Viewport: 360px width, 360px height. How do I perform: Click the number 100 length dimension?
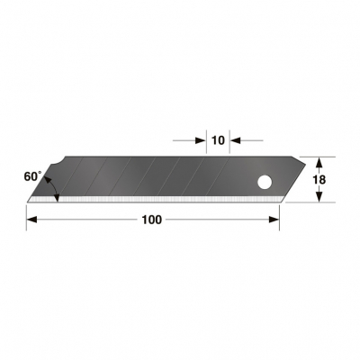pos(151,220)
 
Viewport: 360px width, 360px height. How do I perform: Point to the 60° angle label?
pos(32,176)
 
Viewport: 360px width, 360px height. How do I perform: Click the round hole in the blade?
pos(265,183)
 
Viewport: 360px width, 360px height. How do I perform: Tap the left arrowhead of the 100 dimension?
pos(31,220)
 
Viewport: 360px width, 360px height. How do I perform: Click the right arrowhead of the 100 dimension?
pos(274,220)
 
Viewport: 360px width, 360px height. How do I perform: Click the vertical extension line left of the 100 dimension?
pos(26,216)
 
